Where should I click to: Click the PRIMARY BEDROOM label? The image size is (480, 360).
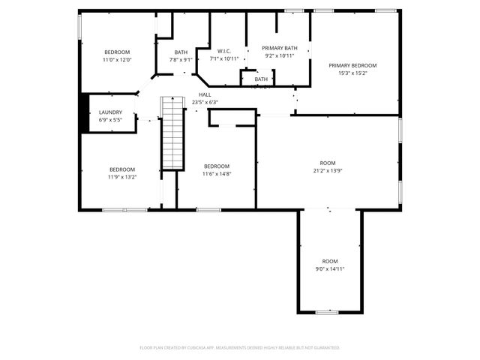pyautogui.click(x=352, y=65)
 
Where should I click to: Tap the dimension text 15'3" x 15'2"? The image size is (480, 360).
pyautogui.click(x=352, y=73)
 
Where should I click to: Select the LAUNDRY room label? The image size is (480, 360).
pyautogui.click(x=110, y=112)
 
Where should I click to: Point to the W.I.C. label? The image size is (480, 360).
pyautogui.click(x=223, y=51)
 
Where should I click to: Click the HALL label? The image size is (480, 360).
pyautogui.click(x=205, y=94)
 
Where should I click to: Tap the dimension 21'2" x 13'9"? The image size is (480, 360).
pyautogui.click(x=328, y=171)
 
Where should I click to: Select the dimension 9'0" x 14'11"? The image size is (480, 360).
pyautogui.click(x=330, y=269)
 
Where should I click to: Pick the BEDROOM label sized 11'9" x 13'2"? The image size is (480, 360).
pyautogui.click(x=122, y=169)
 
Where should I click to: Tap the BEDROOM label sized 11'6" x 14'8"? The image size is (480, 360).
pyautogui.click(x=217, y=166)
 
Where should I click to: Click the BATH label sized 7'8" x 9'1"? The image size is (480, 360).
pyautogui.click(x=181, y=52)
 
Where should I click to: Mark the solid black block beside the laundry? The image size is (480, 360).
pyautogui.click(x=85, y=112)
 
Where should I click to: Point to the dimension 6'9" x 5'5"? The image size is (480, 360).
pyautogui.click(x=110, y=120)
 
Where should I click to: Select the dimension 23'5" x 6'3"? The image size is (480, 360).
pyautogui.click(x=205, y=102)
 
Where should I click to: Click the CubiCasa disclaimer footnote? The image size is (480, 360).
pyautogui.click(x=240, y=347)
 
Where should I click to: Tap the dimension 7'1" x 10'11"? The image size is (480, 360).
pyautogui.click(x=223, y=58)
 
